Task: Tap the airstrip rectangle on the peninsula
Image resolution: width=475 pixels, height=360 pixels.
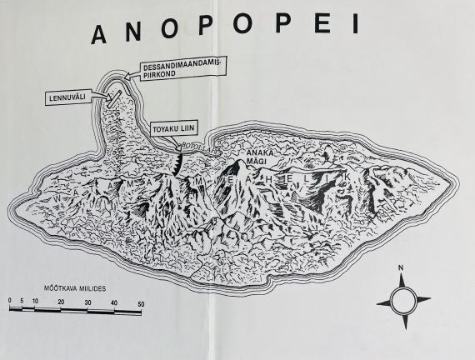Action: point(113,101)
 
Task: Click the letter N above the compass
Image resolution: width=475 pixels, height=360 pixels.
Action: point(402,268)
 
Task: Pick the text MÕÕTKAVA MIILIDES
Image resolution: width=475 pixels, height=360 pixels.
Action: point(67,286)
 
